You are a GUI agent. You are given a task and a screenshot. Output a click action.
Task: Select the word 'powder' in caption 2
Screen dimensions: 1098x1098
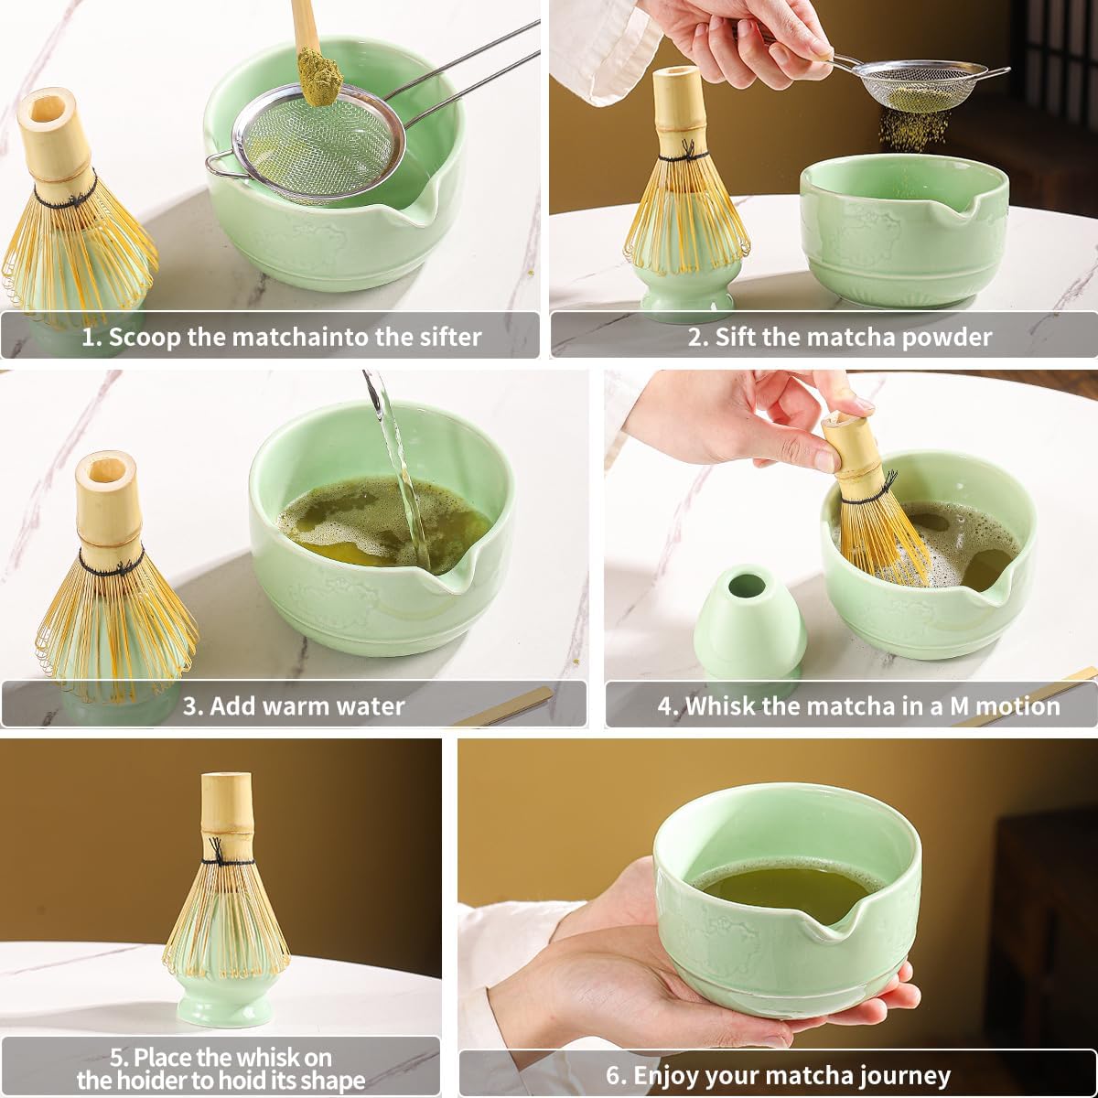coord(946,337)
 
